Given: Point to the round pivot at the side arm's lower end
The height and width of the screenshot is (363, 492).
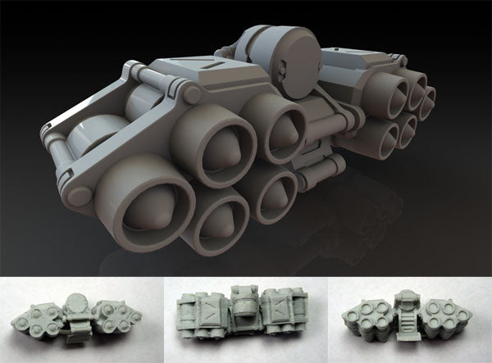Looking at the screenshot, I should [x=77, y=195].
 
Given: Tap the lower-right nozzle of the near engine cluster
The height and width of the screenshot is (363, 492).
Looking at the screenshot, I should [x=271, y=193].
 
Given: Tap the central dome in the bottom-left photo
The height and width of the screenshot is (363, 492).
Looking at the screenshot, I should [x=76, y=302].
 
